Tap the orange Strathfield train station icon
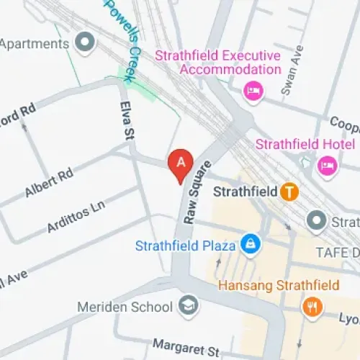[x=289, y=192]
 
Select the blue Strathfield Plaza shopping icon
[x=250, y=245]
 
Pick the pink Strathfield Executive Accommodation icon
[x=253, y=90]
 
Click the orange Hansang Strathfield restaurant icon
[x=312, y=306]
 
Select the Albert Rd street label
[x=49, y=183]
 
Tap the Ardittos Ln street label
[x=76, y=217]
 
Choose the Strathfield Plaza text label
[x=186, y=246]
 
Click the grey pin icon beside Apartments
[x=86, y=43]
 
